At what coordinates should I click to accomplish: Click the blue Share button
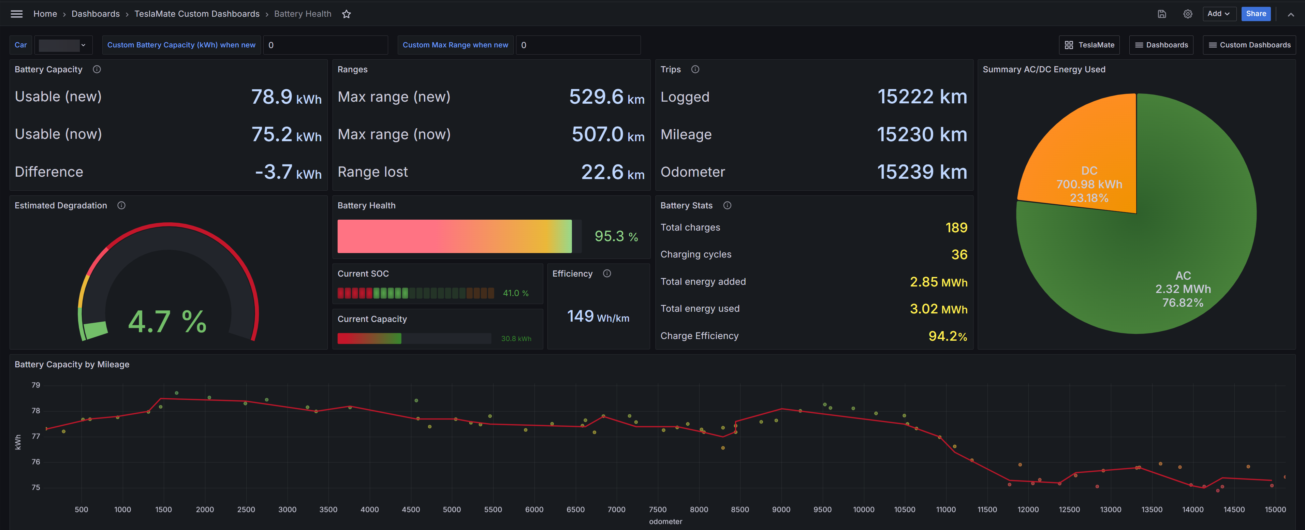(x=1256, y=14)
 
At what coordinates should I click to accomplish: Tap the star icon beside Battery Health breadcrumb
(x=347, y=14)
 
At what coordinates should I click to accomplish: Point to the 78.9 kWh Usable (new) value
(x=286, y=97)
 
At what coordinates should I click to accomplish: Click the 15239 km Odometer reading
(x=922, y=172)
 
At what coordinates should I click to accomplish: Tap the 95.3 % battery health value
(x=616, y=236)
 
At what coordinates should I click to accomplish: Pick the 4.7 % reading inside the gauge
(x=167, y=322)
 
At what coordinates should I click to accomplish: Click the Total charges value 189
(x=956, y=227)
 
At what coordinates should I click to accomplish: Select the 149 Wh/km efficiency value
(x=598, y=317)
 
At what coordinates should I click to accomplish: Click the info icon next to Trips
(x=695, y=70)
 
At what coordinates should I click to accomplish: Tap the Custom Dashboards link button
(x=1249, y=45)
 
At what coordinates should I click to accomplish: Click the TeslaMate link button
(x=1089, y=45)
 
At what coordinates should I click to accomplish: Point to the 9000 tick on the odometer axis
(x=781, y=510)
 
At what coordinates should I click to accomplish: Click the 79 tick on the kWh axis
(x=35, y=385)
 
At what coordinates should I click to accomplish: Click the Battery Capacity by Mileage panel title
(x=72, y=364)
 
